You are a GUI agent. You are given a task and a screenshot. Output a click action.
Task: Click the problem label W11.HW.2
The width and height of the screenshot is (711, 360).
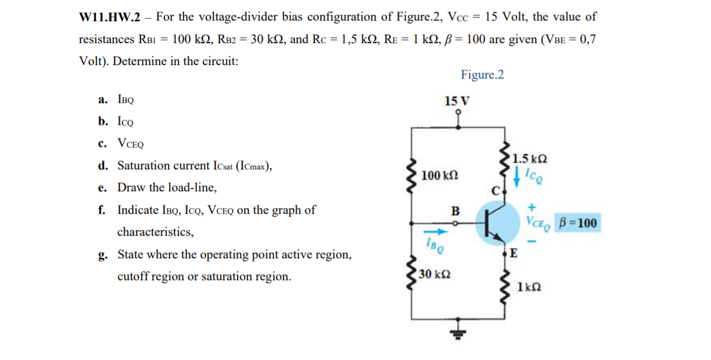[x=109, y=17]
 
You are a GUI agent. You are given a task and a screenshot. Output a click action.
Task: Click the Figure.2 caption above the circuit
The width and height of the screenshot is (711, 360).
[x=482, y=75]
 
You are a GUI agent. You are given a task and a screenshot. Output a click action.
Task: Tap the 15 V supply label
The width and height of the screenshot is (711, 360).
[x=457, y=101]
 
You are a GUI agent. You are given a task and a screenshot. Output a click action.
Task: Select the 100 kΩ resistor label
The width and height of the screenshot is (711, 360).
[x=441, y=175]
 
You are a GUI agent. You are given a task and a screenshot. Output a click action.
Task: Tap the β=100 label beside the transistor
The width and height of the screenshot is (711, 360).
[x=577, y=223]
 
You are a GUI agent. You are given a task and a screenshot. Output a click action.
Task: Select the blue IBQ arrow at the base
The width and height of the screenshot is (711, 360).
[x=433, y=232]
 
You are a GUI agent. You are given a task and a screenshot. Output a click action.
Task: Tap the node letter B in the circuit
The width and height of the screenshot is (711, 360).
[x=455, y=211]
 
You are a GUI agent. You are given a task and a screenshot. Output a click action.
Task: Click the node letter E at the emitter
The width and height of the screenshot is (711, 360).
[x=513, y=252]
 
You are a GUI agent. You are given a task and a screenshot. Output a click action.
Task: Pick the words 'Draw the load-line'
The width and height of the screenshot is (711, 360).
[x=167, y=188]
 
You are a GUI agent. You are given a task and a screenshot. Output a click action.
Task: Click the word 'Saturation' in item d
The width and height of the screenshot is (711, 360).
[x=143, y=166]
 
